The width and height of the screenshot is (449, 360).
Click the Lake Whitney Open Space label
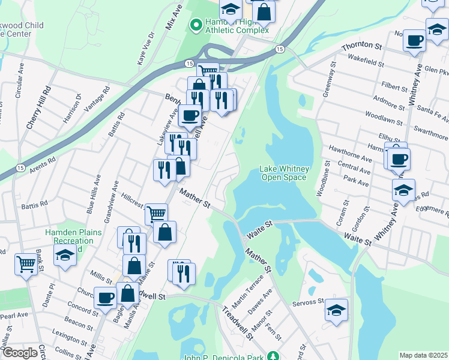pyautogui.click(x=283, y=173)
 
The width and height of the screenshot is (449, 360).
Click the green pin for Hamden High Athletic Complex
pyautogui.click(x=195, y=25)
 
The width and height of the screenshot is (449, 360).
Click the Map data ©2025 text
pyautogui.click(x=423, y=355)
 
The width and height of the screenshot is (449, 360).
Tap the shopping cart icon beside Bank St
pyautogui.click(x=26, y=263)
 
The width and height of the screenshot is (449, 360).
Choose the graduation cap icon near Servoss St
pyautogui.click(x=336, y=310)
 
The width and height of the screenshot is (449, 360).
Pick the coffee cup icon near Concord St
pyautogui.click(x=106, y=296)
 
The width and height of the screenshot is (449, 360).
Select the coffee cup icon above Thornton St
pyautogui.click(x=414, y=41)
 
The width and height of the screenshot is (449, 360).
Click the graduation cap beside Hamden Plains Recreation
pyautogui.click(x=65, y=256)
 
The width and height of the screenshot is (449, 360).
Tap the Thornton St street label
pyautogui.click(x=361, y=46)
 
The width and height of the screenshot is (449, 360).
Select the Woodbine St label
pyautogui.click(x=323, y=178)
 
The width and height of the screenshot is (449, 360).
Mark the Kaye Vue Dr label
pyautogui.click(x=145, y=47)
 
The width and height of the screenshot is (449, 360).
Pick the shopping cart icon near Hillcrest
pyautogui.click(x=156, y=213)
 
